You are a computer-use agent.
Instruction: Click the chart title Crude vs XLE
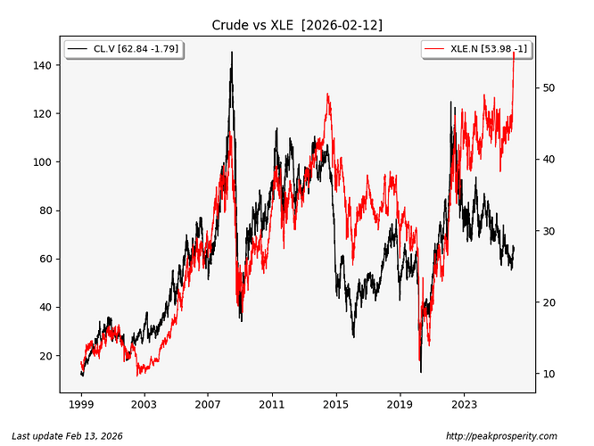pos(297,25)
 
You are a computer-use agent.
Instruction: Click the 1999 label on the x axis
pos(81,405)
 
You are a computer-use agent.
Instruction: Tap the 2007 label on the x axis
pos(208,405)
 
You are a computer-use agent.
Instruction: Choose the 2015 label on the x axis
pos(335,405)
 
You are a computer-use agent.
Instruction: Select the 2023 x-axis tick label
pos(463,405)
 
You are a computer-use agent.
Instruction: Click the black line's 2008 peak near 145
pos(232,53)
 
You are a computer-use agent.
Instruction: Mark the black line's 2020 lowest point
pos(420,371)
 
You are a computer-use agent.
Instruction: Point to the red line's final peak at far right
pos(514,53)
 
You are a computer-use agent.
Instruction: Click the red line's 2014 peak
pos(328,94)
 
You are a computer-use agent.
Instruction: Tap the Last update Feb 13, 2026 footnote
pos(66,436)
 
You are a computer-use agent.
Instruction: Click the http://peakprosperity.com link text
pos(500,436)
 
